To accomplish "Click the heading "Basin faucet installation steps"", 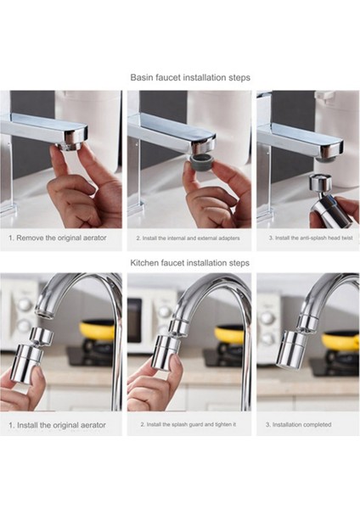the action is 190,77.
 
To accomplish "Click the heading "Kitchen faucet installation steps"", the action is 189,263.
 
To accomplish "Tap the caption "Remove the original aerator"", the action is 61,238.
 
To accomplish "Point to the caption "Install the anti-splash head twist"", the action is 314,238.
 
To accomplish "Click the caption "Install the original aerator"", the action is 61,425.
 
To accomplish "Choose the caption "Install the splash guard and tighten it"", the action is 191,424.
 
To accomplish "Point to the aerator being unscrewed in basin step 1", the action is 70,145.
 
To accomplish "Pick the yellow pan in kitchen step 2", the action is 229,334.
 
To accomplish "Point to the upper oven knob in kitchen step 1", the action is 25,305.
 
